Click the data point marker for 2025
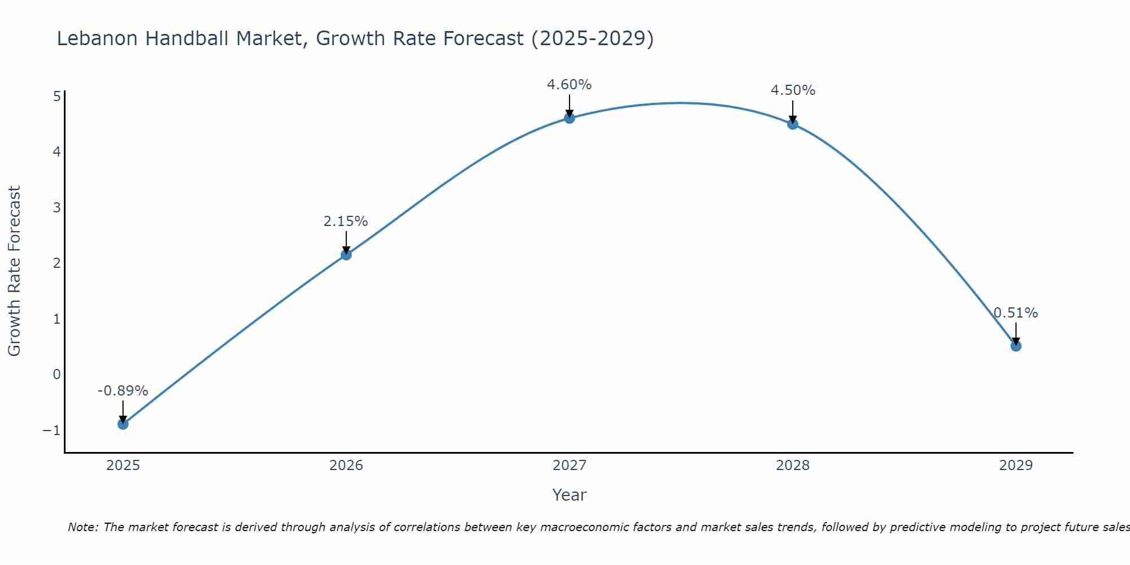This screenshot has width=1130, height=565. click(x=123, y=424)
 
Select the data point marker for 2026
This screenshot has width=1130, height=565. click(x=346, y=255)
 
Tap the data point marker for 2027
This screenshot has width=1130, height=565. click(x=570, y=118)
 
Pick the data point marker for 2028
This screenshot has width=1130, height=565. click(x=793, y=124)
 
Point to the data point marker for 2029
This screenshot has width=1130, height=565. click(x=1016, y=346)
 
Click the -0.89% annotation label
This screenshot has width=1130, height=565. click(x=123, y=391)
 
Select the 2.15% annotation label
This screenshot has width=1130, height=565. click(x=346, y=221)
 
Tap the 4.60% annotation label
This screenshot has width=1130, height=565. click(x=570, y=85)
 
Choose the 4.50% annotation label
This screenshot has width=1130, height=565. click(x=793, y=90)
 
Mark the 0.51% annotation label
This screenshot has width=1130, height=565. click(x=1016, y=313)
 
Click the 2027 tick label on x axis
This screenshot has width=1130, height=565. click(x=570, y=466)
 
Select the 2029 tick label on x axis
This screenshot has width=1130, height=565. click(x=1016, y=466)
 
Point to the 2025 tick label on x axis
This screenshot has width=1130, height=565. click(x=123, y=466)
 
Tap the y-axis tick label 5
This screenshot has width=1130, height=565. click(x=56, y=96)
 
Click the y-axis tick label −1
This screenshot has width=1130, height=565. click(x=52, y=431)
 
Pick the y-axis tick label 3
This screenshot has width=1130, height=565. click(x=56, y=207)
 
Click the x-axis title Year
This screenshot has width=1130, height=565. click(x=570, y=495)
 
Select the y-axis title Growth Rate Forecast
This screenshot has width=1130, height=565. click(x=14, y=271)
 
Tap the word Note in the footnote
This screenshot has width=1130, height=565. click(x=82, y=527)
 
